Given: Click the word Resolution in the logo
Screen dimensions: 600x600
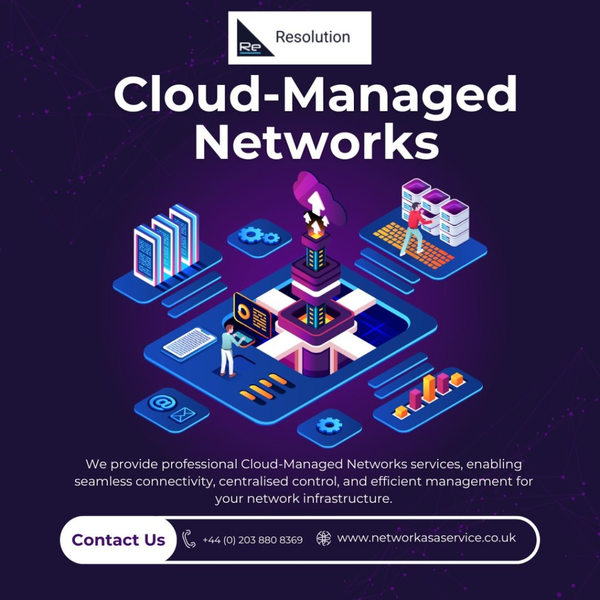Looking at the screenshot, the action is point(312,37).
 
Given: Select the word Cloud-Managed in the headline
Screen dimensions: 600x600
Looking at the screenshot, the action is point(315,95).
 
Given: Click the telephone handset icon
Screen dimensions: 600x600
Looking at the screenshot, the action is point(189,539).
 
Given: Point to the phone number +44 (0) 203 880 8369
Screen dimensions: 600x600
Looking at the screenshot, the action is point(253,540).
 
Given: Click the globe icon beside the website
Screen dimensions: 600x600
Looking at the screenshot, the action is point(323,538).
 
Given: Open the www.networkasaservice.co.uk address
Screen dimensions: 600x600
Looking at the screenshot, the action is point(427,537).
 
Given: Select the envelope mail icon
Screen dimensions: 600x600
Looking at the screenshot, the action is point(182,415).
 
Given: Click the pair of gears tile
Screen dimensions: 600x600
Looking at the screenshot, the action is point(259,236).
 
